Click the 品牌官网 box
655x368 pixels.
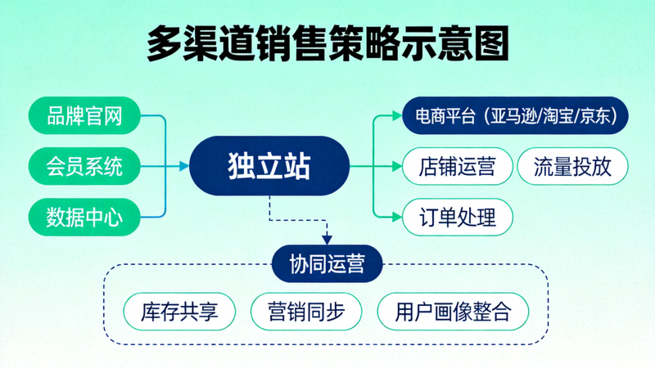click(x=84, y=117)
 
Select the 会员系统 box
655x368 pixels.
click(x=84, y=167)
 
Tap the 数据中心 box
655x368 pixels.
click(x=84, y=217)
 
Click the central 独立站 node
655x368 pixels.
click(x=269, y=167)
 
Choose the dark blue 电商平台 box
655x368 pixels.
click(x=516, y=115)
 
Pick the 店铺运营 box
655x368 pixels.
click(x=457, y=167)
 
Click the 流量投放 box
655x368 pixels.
click(x=572, y=167)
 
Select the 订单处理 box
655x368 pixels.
click(x=457, y=218)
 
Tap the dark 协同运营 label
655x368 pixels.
click(x=327, y=263)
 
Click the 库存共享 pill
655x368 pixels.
click(x=179, y=312)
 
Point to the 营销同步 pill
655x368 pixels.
click(x=305, y=312)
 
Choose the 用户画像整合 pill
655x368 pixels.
click(x=453, y=312)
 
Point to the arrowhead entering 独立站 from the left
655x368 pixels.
click(x=184, y=167)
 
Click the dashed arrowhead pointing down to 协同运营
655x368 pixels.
click(x=327, y=239)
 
